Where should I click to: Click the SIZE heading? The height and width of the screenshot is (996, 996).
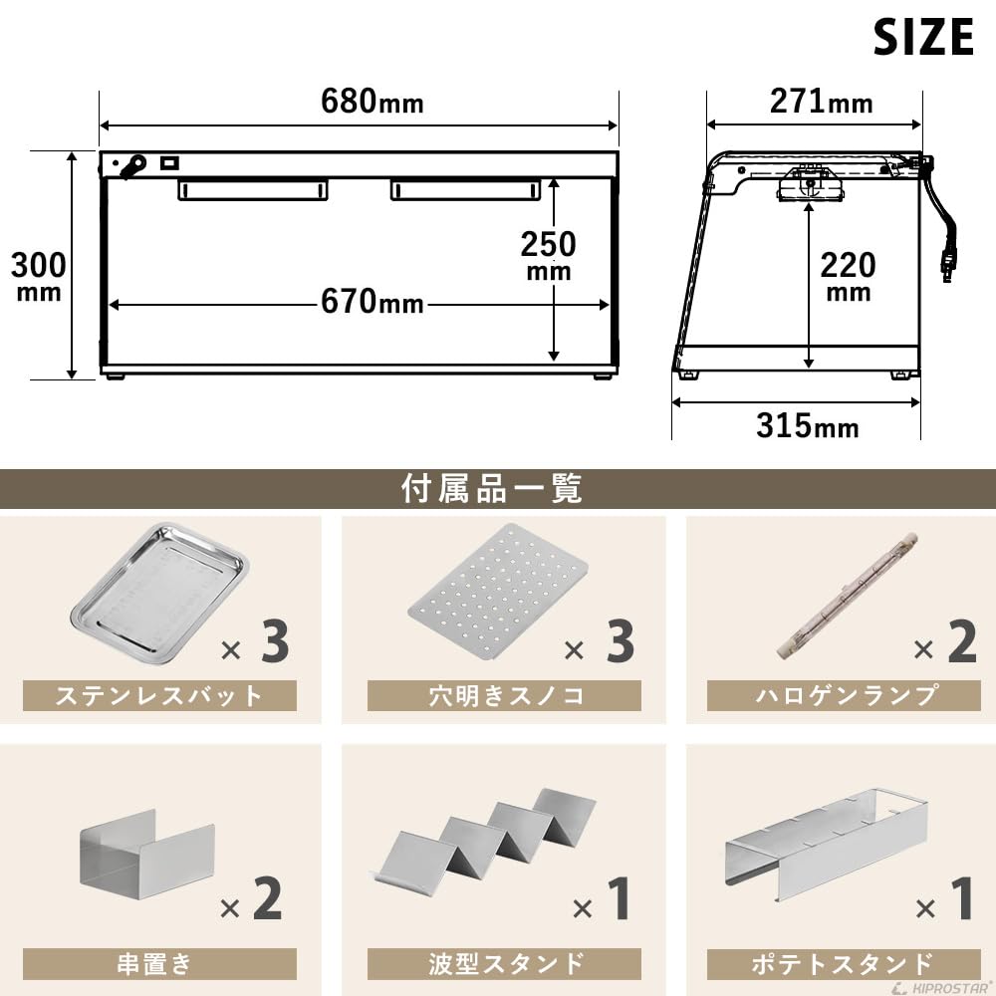tap(922, 38)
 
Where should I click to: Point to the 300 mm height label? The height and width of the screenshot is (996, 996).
tap(39, 273)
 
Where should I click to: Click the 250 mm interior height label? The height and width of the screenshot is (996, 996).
tap(548, 254)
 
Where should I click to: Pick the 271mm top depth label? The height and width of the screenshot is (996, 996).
tap(821, 101)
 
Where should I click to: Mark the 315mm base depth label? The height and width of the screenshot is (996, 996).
tap(807, 425)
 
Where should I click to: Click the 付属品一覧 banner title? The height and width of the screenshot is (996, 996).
tap(492, 489)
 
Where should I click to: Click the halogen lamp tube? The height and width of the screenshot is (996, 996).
tap(846, 595)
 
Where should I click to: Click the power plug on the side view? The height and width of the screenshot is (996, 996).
tap(949, 260)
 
